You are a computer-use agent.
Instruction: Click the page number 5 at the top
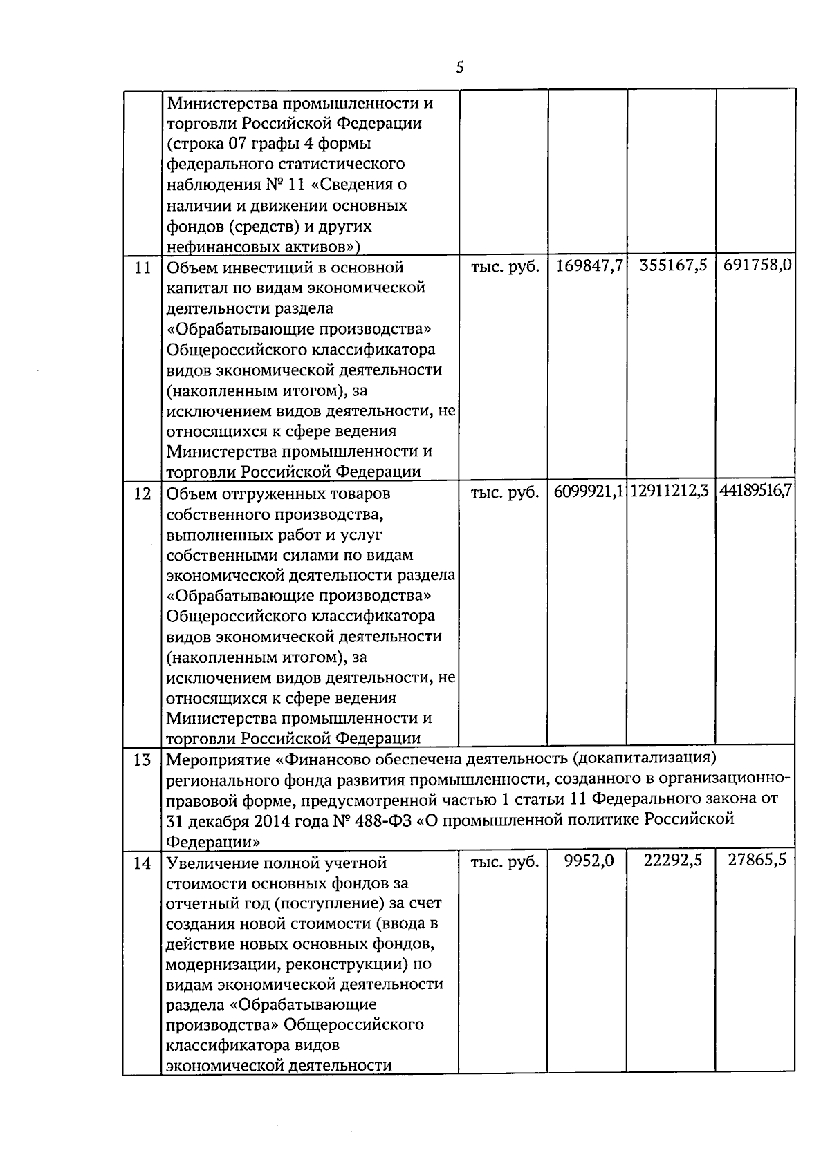460,68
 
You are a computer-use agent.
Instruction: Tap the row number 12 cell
142,494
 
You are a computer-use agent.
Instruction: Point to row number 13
142,760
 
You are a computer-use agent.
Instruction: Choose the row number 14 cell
142,863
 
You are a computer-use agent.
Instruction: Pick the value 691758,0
757,267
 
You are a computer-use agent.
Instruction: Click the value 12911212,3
671,493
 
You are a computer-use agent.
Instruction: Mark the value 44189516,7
756,493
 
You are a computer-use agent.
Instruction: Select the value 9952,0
589,862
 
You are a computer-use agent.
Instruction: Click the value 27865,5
757,862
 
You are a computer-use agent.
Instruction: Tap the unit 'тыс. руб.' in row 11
505,268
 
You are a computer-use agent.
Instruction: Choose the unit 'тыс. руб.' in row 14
505,863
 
